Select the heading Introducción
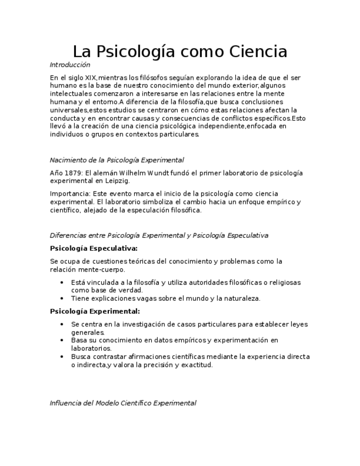point(70,65)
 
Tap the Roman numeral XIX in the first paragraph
point(89,77)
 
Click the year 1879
point(73,173)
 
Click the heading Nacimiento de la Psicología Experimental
point(117,160)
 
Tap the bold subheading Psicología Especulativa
point(93,248)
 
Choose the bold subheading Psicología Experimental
point(94,311)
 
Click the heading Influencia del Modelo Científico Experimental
point(123,403)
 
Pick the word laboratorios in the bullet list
point(91,348)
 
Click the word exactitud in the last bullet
point(196,364)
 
